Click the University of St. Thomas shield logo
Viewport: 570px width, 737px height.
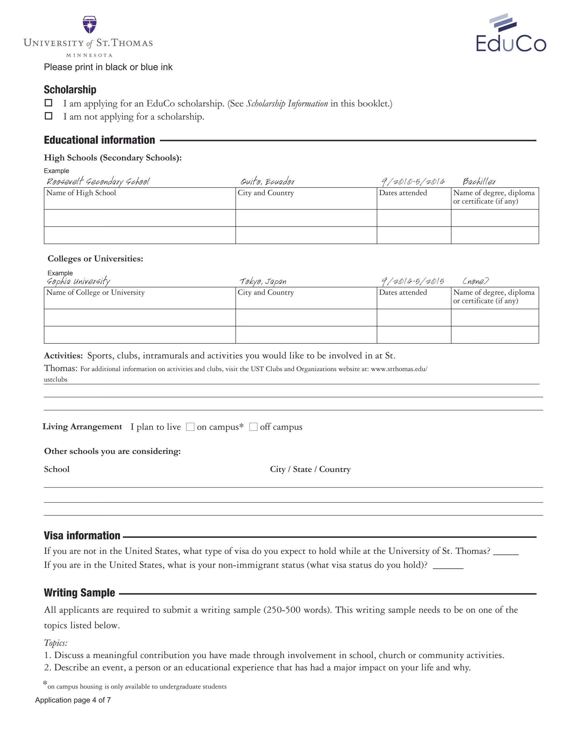(90, 25)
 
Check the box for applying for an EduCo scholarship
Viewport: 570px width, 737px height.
(49, 103)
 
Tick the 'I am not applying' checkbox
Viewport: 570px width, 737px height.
(49, 116)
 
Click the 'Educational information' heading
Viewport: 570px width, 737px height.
(99, 140)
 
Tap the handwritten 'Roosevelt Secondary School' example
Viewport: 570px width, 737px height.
(98, 182)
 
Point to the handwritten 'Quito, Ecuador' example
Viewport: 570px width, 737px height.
(267, 182)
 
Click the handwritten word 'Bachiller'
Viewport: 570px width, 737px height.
(479, 182)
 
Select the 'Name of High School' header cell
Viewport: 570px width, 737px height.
(81, 193)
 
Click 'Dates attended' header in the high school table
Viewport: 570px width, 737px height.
(403, 193)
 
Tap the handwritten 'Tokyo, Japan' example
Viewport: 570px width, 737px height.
(263, 281)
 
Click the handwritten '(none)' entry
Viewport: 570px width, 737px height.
(475, 281)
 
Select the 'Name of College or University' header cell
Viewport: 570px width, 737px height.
(95, 292)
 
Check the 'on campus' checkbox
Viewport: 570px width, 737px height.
(190, 427)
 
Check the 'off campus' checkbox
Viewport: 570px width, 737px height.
(253, 427)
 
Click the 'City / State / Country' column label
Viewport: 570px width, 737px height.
(310, 469)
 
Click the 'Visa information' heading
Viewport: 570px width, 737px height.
(82, 536)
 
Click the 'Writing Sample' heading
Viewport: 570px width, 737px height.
(79, 593)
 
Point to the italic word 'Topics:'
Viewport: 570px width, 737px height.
(56, 643)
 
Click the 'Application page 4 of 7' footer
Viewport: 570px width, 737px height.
(73, 700)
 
